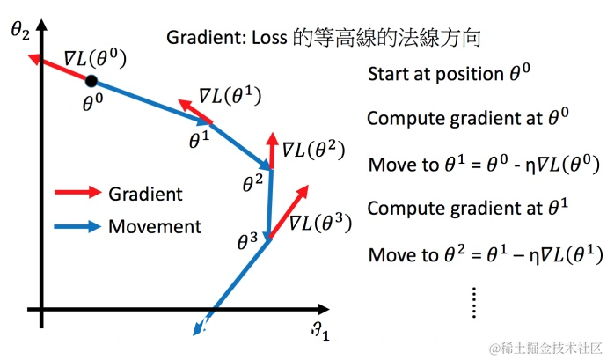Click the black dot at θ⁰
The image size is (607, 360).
[x=91, y=81]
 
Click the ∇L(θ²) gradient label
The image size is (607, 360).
[x=311, y=150]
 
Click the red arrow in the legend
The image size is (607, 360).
[x=77, y=194]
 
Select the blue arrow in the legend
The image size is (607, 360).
[x=77, y=226]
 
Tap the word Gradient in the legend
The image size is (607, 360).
[x=145, y=194]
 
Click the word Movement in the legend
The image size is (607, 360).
[x=155, y=226]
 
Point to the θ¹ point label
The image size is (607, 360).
[x=200, y=138]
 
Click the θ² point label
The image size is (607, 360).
[x=253, y=184]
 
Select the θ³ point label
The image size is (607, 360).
[x=248, y=239]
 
